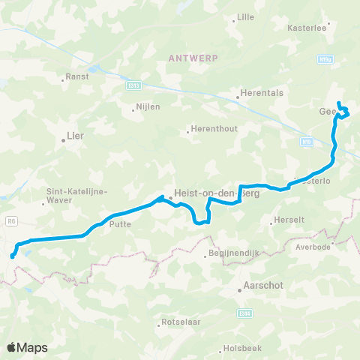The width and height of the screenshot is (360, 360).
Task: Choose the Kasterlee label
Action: point(306,28)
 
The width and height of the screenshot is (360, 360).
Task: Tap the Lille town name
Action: point(245,15)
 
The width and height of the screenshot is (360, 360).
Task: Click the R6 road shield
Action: point(10,221)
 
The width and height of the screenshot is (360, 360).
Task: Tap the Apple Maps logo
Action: point(27,347)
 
